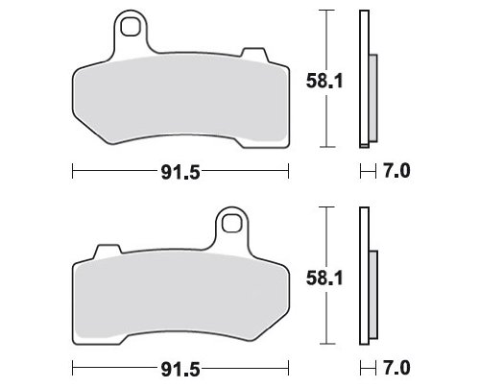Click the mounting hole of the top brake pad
(131, 27)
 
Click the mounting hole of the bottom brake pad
(231, 224)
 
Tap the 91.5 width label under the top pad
(180, 173)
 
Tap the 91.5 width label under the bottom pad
(180, 370)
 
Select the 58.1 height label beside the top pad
(324, 81)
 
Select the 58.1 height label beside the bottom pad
(324, 278)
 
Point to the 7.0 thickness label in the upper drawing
(396, 171)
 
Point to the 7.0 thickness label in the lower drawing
(396, 368)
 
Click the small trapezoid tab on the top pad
(254, 54)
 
